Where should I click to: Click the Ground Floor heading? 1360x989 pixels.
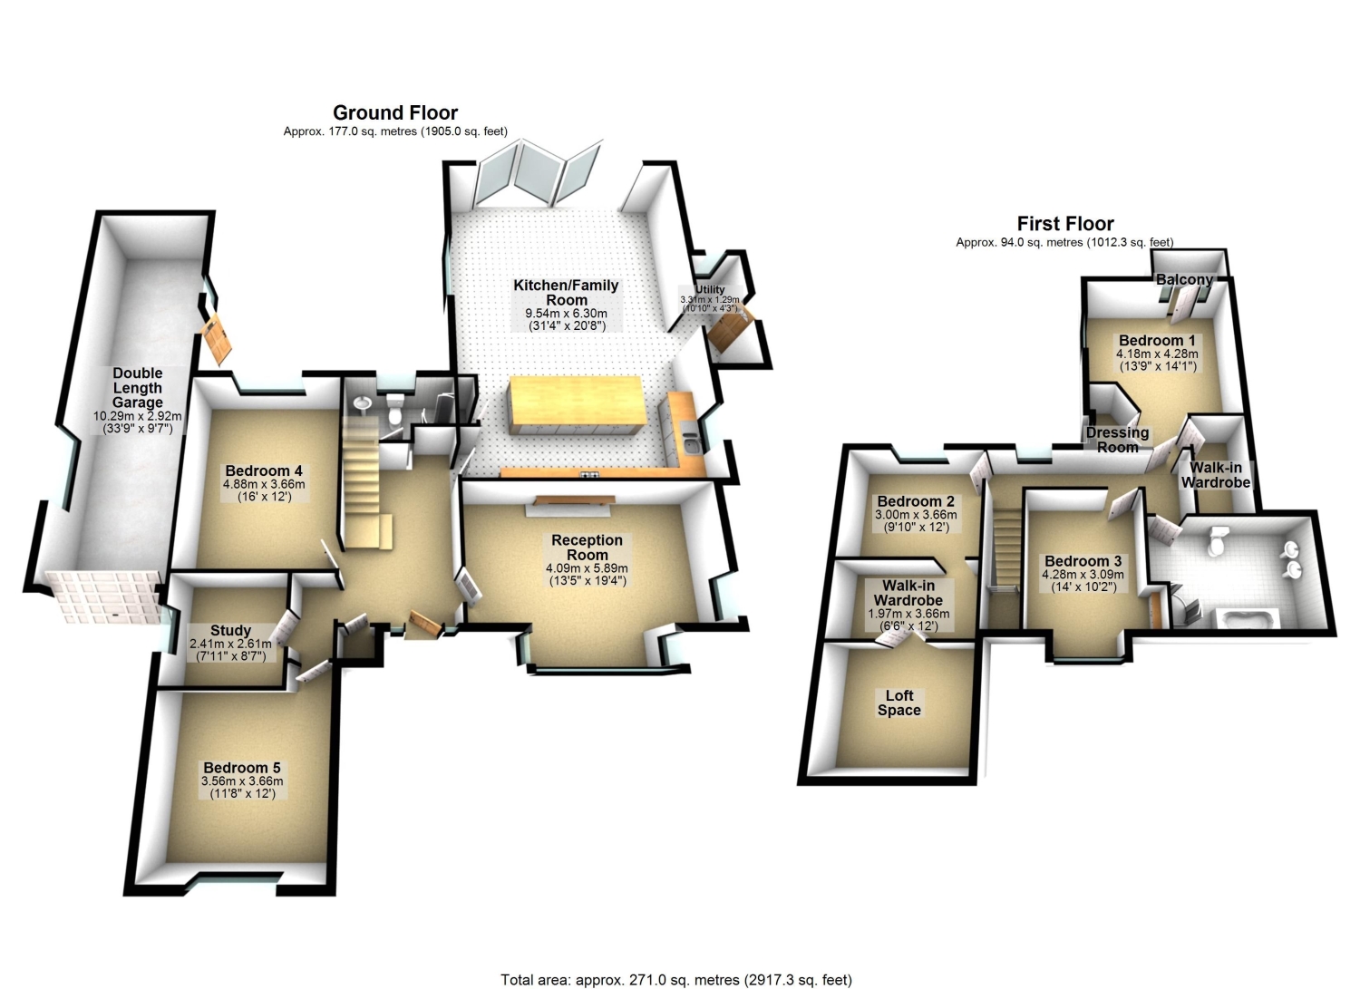[x=395, y=113]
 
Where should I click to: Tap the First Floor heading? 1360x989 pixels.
[x=1065, y=224]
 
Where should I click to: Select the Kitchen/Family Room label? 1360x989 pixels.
[x=566, y=293]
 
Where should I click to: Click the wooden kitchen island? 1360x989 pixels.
[x=576, y=403]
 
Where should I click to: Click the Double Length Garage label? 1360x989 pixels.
[x=138, y=388]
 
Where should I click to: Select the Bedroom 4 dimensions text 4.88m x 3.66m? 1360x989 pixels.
[x=264, y=484]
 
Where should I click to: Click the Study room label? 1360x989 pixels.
[x=230, y=631]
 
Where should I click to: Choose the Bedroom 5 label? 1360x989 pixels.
[x=242, y=768]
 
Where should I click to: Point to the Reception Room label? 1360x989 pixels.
[x=588, y=548]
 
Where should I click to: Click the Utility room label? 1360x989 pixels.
[x=710, y=289]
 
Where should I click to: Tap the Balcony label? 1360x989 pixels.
[x=1184, y=280]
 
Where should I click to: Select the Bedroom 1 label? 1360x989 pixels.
[x=1157, y=341]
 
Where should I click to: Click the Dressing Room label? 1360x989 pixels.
[x=1117, y=441]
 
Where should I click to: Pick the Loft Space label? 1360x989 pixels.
[x=899, y=703]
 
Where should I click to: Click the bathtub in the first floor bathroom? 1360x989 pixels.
[x=1247, y=620]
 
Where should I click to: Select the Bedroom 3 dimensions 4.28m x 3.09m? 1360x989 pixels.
[x=1083, y=575]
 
